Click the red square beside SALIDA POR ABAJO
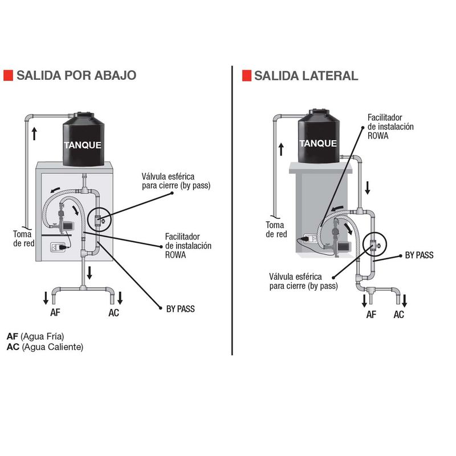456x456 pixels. (8, 76)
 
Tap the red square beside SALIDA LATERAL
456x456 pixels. (247, 76)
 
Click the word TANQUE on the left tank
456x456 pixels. (83, 145)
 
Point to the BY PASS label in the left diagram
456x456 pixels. (180, 309)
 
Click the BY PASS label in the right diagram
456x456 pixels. (419, 255)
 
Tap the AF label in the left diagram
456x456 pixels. (56, 312)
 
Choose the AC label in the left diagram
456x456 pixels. (114, 312)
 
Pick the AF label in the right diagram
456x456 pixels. (371, 314)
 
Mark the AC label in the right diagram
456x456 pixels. (399, 314)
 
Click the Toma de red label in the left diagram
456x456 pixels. (24, 238)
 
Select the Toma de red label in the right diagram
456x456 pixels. (276, 229)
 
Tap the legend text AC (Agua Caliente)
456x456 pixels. (44, 347)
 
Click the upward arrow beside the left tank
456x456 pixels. (34, 134)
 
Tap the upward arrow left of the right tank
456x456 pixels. (280, 149)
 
